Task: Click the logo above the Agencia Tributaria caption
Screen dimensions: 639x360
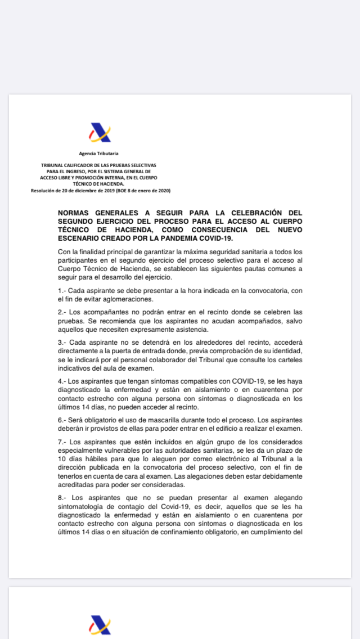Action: click(x=100, y=133)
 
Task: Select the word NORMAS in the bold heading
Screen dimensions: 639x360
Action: click(x=75, y=213)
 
